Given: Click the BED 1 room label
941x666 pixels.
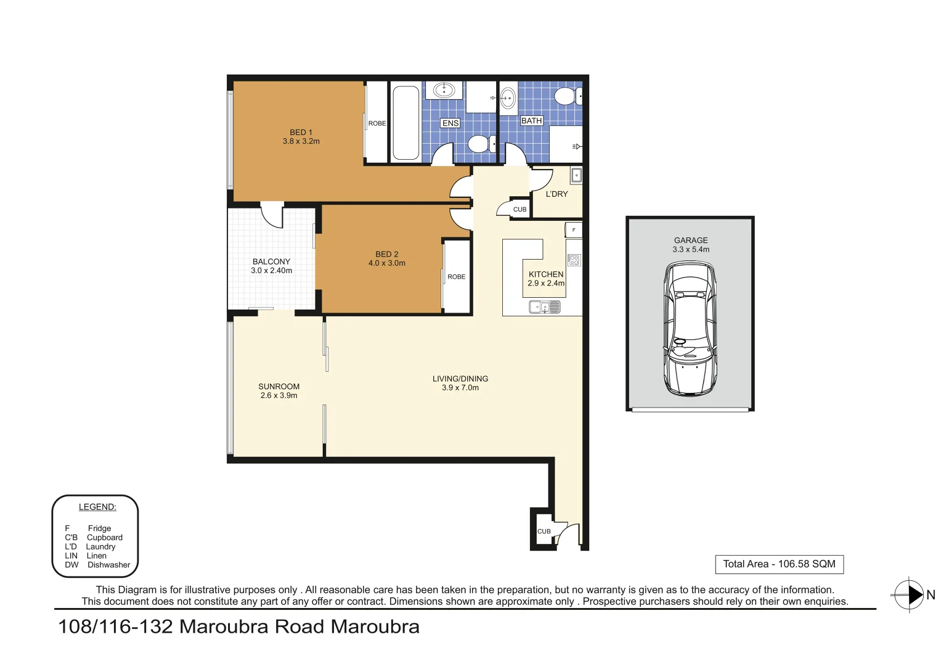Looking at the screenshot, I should pos(301,132).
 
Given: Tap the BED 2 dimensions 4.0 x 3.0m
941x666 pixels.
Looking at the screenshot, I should pos(386,263).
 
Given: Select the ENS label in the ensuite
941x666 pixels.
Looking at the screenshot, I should pos(450,123).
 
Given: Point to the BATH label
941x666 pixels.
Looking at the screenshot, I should pos(531,121).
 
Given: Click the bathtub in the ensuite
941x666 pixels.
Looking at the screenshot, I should pos(405,122).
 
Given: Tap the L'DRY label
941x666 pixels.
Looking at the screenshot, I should pos(556,194).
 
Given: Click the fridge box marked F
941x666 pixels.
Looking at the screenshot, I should pos(574,230).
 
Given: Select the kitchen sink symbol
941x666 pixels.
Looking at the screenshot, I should pos(545,306).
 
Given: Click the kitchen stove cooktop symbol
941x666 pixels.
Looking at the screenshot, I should pos(574,260).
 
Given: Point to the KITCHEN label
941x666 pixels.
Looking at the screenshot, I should pos(546,274).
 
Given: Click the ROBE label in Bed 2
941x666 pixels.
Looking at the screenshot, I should pos(456,277).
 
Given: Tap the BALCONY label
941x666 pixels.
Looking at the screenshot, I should pos(271,261).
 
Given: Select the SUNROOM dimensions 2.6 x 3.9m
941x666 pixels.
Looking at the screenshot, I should pos(279,396).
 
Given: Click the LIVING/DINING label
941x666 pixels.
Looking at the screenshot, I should pos(460,379).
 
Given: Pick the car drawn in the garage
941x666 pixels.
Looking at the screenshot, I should pos(690,329).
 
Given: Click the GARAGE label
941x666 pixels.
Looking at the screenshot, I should pos(691,240).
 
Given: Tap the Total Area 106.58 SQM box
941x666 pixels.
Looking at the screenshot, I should pos(779,564).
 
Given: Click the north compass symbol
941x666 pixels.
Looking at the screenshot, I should pos(910,595).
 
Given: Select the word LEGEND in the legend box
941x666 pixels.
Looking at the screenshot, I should pos(97,507).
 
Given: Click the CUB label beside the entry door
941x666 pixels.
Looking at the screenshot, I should pos(544,532).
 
